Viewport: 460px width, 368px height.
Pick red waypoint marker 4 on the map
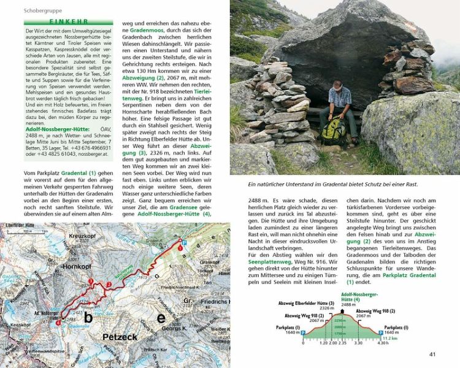pyautogui.click(x=58, y=323)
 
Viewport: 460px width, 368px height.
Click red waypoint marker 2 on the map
pyautogui.click(x=109, y=285)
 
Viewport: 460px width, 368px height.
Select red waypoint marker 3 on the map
pyautogui.click(x=92, y=282)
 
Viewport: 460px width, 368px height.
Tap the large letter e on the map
pyautogui.click(x=161, y=318)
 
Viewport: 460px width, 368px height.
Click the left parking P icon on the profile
pyautogui.click(x=304, y=332)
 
